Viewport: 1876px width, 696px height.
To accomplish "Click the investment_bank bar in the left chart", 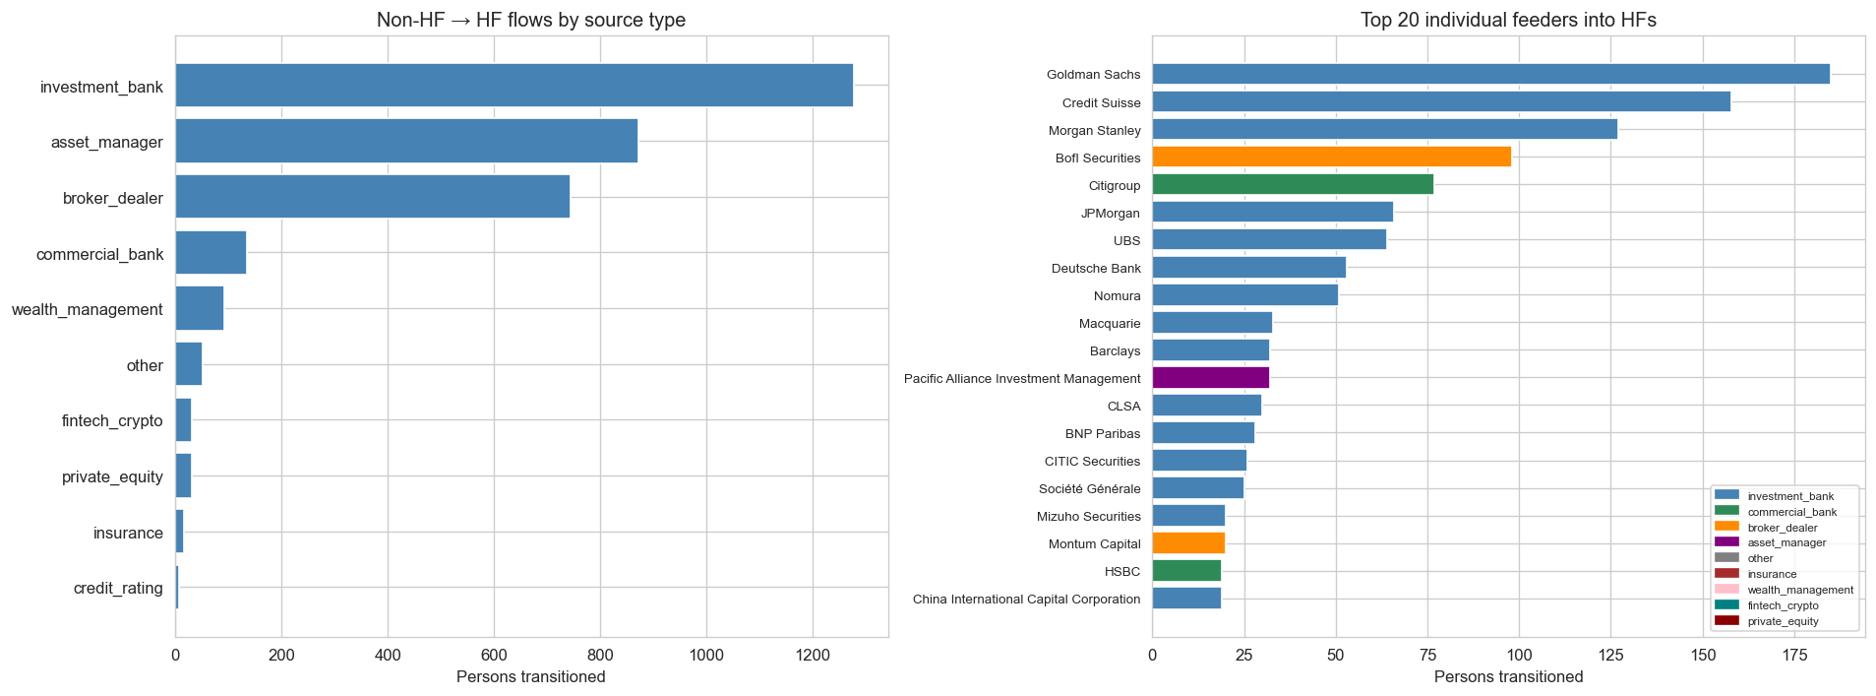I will tap(514, 86).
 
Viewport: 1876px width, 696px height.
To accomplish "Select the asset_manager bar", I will tap(406, 141).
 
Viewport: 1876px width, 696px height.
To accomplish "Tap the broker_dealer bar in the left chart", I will tap(372, 197).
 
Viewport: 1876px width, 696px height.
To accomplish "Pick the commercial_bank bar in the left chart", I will tap(211, 253).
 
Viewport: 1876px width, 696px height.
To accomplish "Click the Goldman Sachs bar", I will tap(1490, 74).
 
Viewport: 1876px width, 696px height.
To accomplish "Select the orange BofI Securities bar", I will tap(1331, 157).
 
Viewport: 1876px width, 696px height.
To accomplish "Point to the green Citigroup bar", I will tap(1293, 184).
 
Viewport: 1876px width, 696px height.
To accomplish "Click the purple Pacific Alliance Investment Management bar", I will tap(1210, 377).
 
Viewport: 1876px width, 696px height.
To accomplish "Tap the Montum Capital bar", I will tap(1188, 542).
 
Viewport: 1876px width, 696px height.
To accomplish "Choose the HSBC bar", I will tap(1186, 570).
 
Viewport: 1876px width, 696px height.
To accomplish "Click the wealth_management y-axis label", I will tap(88, 309).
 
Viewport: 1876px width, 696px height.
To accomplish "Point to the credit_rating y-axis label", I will tap(118, 588).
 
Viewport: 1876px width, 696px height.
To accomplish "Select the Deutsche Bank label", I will tap(1096, 268).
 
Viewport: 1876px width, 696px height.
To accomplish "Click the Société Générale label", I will tap(1089, 488).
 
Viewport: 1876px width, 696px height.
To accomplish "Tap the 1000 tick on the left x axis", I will tap(706, 655).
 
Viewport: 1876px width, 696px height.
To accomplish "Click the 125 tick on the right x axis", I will tap(1610, 655).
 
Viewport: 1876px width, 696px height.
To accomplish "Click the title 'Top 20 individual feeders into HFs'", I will tap(1508, 20).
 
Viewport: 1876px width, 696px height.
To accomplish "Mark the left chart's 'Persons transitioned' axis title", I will tap(531, 676).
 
